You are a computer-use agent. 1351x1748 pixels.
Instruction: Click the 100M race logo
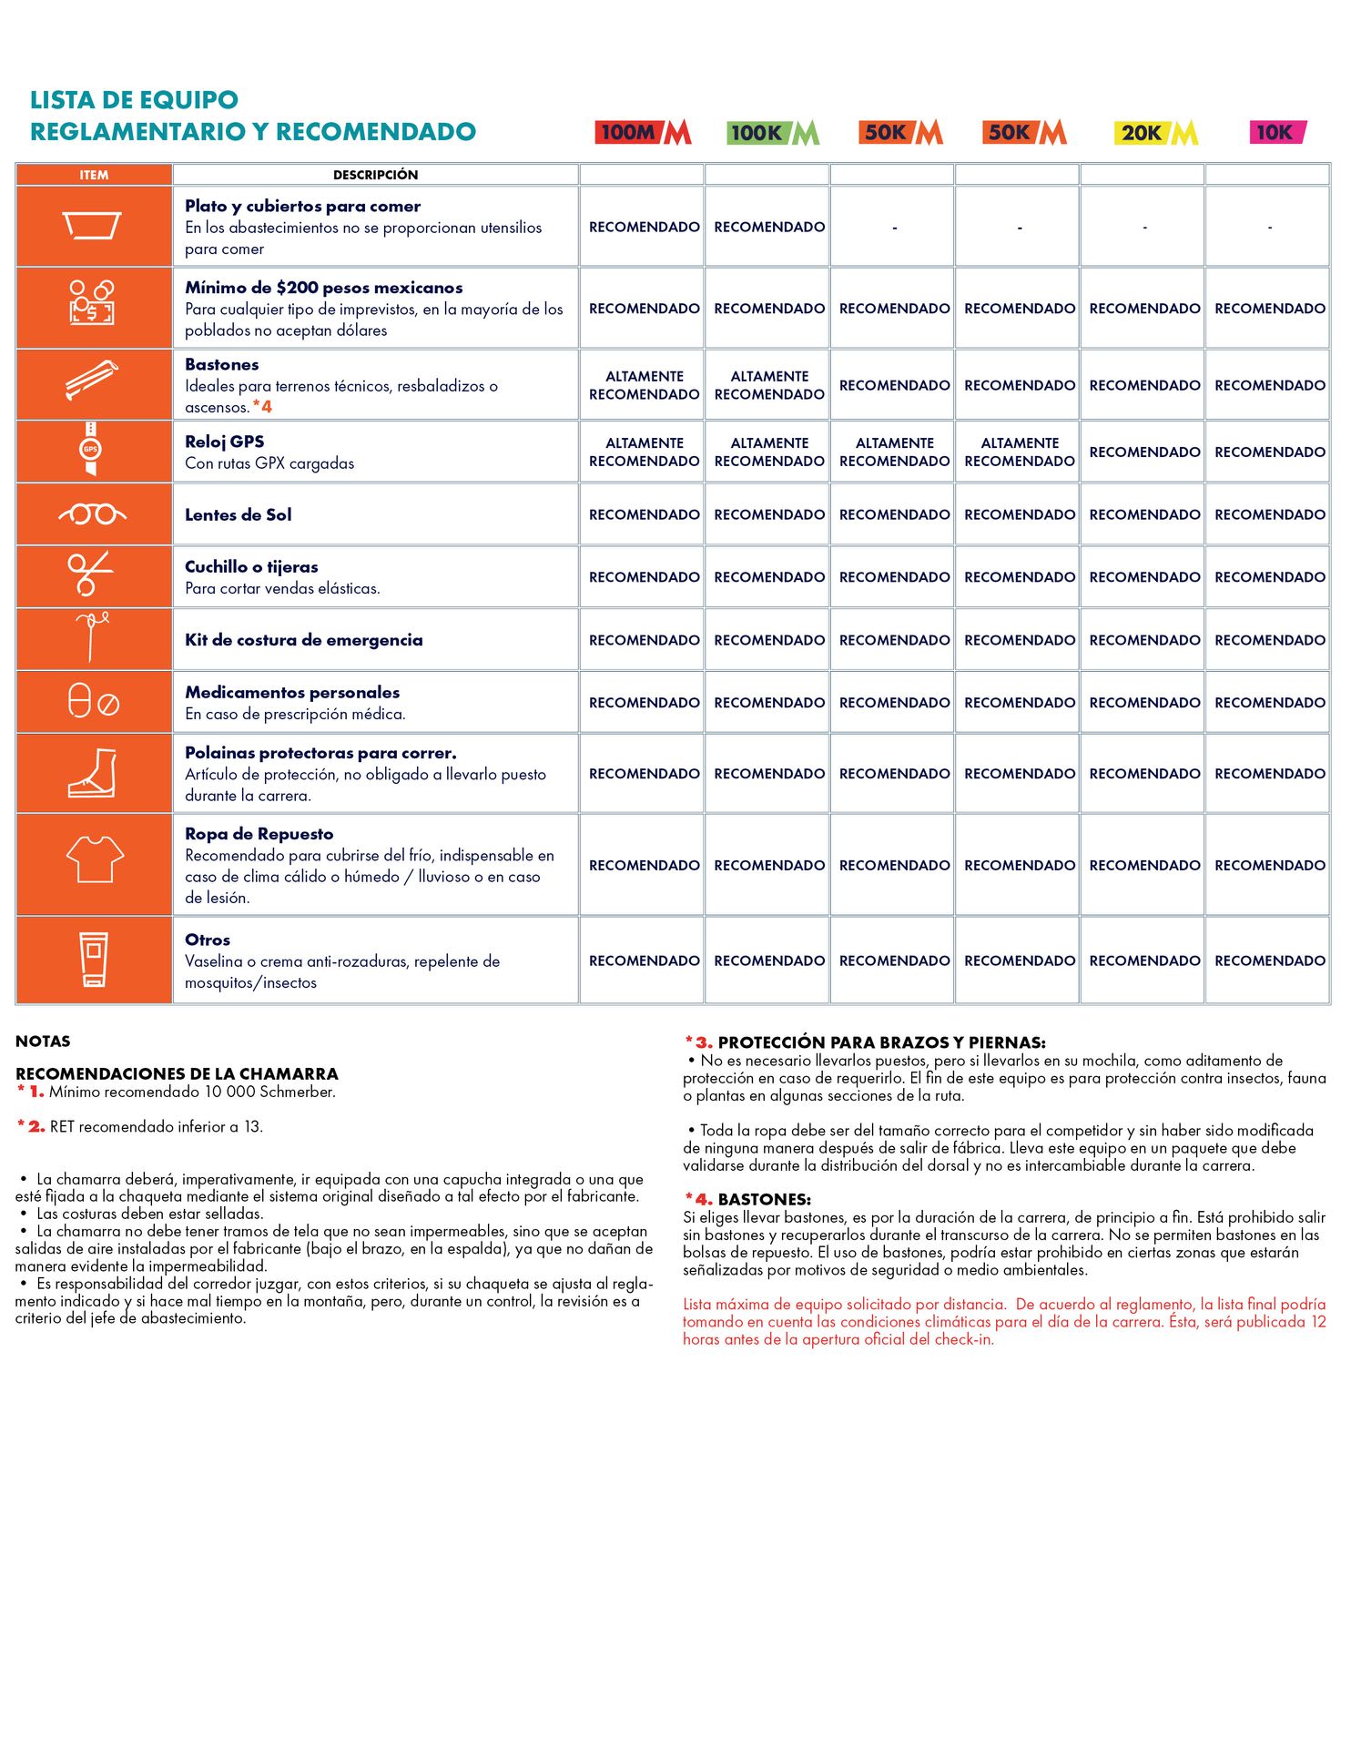(644, 132)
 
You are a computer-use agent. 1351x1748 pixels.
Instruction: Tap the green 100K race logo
(773, 133)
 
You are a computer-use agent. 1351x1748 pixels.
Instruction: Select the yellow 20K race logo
(1155, 133)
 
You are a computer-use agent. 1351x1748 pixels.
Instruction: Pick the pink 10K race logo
(1277, 132)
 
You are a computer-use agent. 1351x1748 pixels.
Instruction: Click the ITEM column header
(94, 175)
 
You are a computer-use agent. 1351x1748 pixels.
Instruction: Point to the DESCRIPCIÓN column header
(375, 175)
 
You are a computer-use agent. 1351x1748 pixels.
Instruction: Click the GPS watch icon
(90, 449)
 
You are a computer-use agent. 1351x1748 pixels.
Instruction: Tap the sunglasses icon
(93, 514)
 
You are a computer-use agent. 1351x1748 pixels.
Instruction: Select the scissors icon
(90, 574)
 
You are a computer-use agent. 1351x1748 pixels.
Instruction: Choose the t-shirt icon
(95, 859)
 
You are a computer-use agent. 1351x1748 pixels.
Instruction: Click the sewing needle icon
(93, 636)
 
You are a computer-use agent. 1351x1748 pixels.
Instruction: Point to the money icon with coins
(92, 302)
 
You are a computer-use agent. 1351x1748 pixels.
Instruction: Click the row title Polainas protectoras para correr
(320, 753)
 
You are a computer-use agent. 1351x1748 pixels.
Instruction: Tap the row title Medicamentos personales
(292, 692)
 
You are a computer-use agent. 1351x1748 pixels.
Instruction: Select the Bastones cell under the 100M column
(644, 385)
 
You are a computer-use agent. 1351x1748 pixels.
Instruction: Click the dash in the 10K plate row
(1269, 228)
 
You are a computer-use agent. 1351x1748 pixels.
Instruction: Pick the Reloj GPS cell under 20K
(1144, 452)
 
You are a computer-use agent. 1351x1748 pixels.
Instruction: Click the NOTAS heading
(43, 1042)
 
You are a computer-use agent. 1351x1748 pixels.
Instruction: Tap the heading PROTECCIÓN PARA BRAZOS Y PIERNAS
(880, 1042)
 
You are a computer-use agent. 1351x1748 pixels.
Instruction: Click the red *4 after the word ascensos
(262, 407)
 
